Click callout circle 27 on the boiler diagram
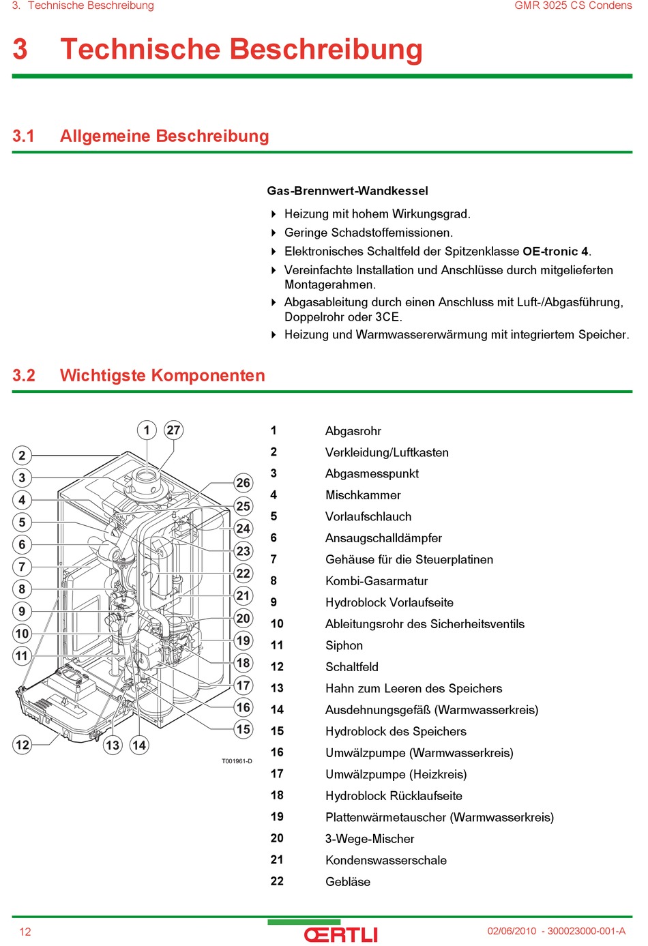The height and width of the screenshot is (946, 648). coord(174,430)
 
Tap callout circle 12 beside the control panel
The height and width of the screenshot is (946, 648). coord(23,744)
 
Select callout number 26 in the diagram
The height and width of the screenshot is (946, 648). coord(244,483)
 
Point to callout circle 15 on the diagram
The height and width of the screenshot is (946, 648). coord(244,729)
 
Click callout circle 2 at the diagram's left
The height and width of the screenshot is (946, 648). coord(23,455)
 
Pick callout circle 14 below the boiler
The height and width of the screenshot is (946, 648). coord(139,745)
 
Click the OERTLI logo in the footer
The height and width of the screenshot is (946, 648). coord(340,934)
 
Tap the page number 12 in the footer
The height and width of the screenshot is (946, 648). coord(25,932)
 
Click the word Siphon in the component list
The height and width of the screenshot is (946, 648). coord(344,645)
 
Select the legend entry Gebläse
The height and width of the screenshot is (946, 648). coord(348,881)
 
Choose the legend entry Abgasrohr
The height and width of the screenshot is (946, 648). coord(353,431)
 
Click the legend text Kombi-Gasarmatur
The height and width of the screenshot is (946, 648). coord(377,581)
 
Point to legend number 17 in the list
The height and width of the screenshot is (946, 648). coord(277,773)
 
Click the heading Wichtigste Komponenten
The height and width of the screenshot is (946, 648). coord(162,376)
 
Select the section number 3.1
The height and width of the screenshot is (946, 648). coord(23,136)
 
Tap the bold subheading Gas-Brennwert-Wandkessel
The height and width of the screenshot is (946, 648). coord(347,191)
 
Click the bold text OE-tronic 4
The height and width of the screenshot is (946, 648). coord(555,252)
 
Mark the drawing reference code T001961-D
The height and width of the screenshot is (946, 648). coord(237,761)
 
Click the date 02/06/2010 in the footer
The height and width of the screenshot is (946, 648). coord(512,931)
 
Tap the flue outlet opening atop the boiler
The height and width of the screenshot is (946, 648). coord(146,476)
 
